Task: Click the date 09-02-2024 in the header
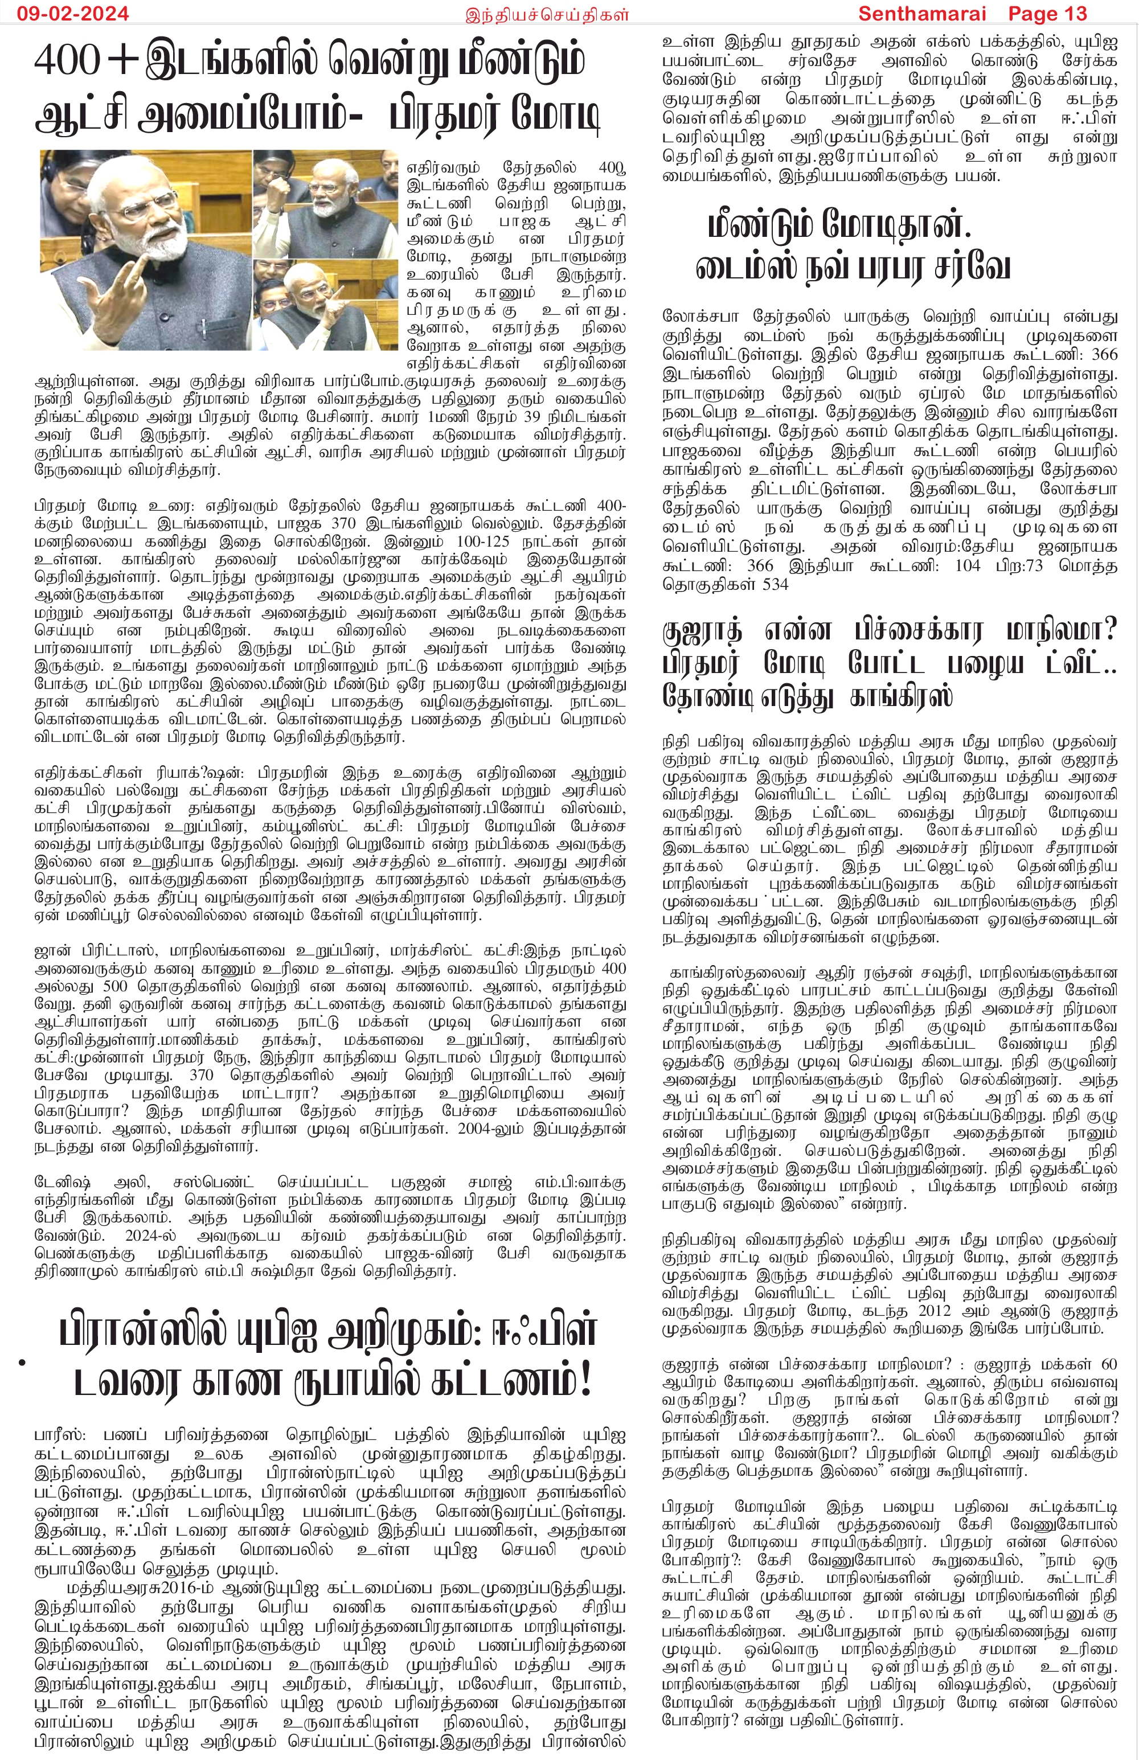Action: tap(72, 13)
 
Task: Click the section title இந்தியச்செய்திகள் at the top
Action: tap(547, 14)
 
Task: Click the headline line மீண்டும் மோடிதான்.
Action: tap(839, 225)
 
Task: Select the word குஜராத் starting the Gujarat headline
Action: tap(702, 631)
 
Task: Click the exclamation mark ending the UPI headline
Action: tap(586, 1380)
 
